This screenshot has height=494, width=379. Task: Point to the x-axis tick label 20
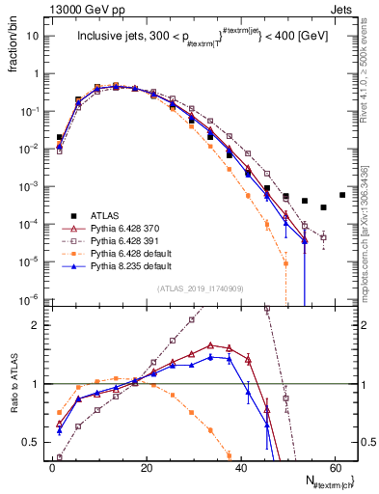(x=147, y=466)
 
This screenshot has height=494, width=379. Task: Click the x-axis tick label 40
(x=242, y=466)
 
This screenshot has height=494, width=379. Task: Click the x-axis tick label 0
(x=52, y=466)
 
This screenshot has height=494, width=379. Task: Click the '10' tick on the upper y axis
(x=32, y=36)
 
